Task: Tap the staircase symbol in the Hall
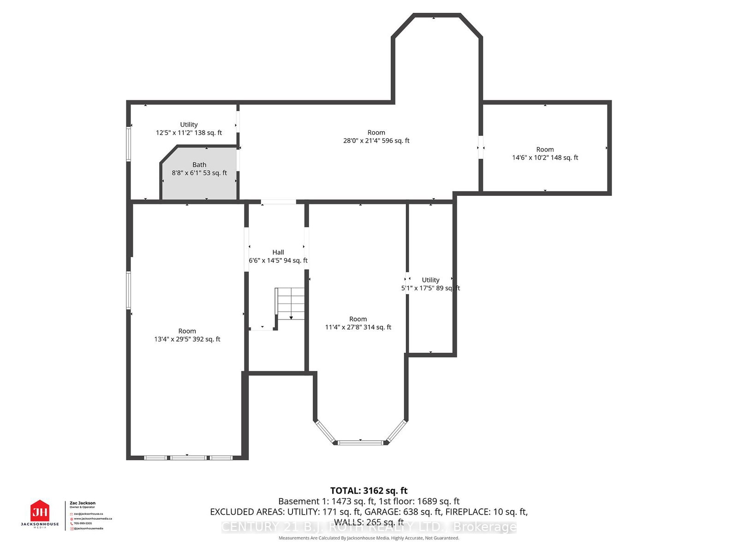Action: click(290, 303)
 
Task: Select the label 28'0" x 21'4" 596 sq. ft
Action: click(376, 141)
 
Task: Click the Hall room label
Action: click(278, 252)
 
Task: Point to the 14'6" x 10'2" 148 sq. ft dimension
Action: click(545, 158)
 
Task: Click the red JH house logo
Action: click(40, 512)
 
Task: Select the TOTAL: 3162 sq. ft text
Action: click(369, 491)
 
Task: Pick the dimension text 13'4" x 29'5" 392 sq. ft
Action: click(187, 339)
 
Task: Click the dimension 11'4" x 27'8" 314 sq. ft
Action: click(358, 327)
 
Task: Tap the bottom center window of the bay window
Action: click(360, 443)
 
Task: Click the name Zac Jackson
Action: click(83, 503)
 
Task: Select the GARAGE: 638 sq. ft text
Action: click(403, 512)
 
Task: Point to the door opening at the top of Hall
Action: click(278, 202)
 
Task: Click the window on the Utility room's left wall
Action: click(129, 144)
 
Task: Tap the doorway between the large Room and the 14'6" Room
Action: click(481, 147)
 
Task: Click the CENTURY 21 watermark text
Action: click(369, 527)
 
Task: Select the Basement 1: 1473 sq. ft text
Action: click(327, 501)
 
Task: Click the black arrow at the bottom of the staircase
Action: click(292, 318)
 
